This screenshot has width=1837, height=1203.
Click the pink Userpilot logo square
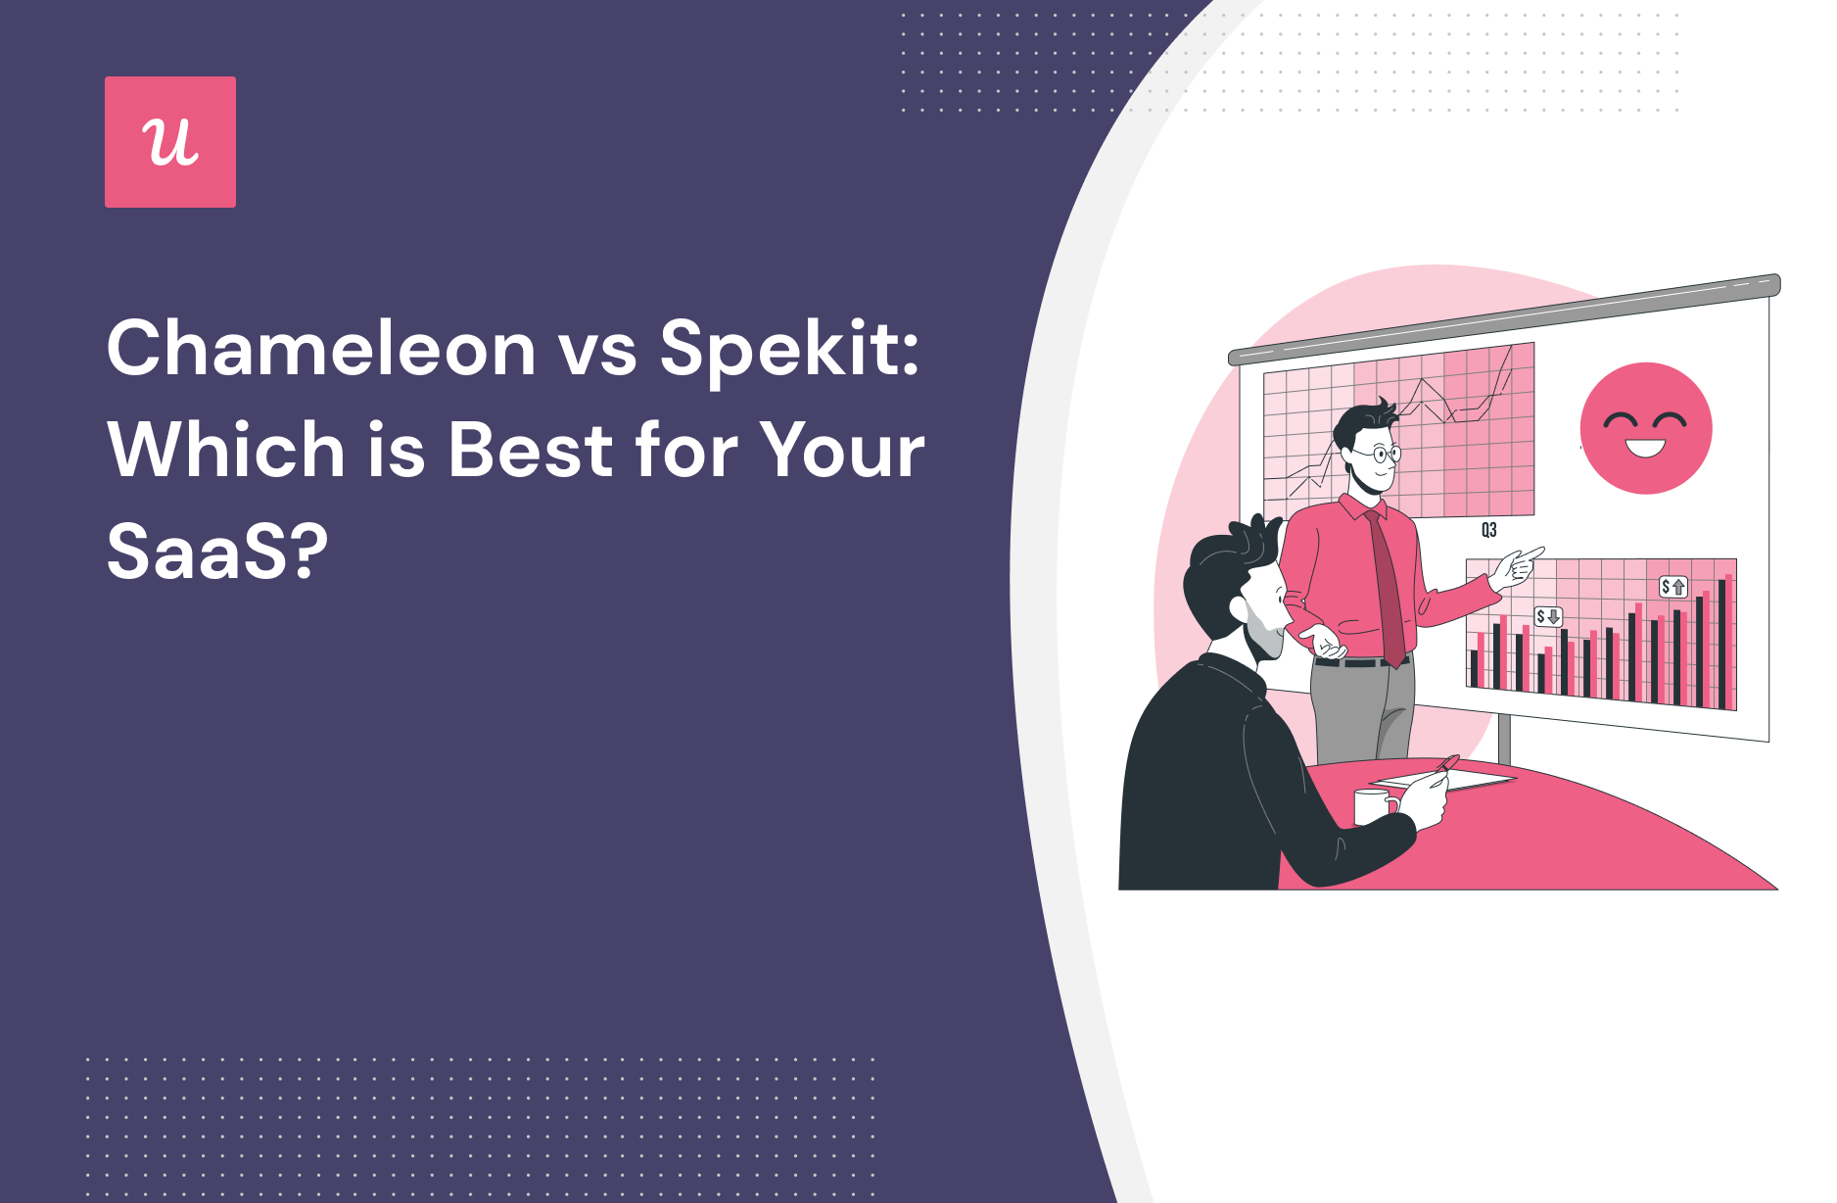point(170,142)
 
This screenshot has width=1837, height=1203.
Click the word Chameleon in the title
point(321,348)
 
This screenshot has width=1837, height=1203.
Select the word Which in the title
point(226,450)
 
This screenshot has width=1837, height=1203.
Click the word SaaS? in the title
point(216,552)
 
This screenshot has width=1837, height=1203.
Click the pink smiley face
point(1646,428)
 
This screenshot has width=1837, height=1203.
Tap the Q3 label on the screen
point(1488,530)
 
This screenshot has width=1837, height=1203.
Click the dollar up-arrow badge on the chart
point(1673,587)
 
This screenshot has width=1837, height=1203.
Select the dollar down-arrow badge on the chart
point(1548,616)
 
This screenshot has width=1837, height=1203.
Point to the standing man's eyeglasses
point(1380,454)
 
